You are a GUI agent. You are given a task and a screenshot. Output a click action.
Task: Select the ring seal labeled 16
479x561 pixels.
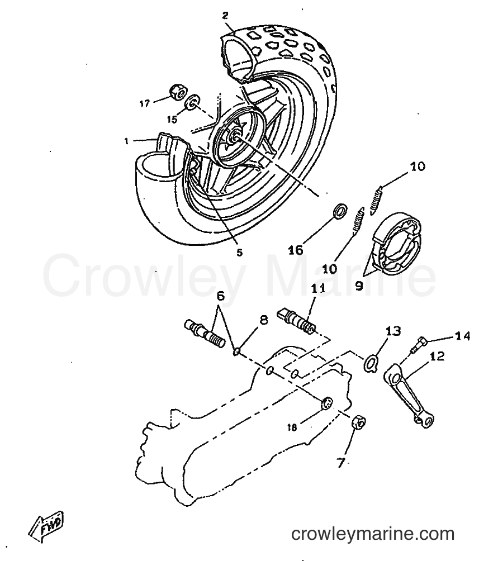point(340,210)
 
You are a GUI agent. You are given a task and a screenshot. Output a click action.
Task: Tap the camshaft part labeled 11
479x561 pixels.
point(297,321)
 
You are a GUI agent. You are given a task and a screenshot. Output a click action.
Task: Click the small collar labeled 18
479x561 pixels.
point(327,403)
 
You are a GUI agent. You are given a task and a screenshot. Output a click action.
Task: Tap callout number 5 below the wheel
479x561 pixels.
point(239,253)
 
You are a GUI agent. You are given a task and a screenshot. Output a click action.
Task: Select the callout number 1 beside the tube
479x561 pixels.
point(126,141)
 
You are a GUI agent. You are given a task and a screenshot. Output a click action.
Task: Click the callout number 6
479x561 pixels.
point(221,296)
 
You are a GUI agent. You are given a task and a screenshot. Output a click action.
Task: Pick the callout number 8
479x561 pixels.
point(263,320)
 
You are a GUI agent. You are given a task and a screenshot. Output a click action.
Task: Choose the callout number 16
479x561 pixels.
point(296,250)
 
